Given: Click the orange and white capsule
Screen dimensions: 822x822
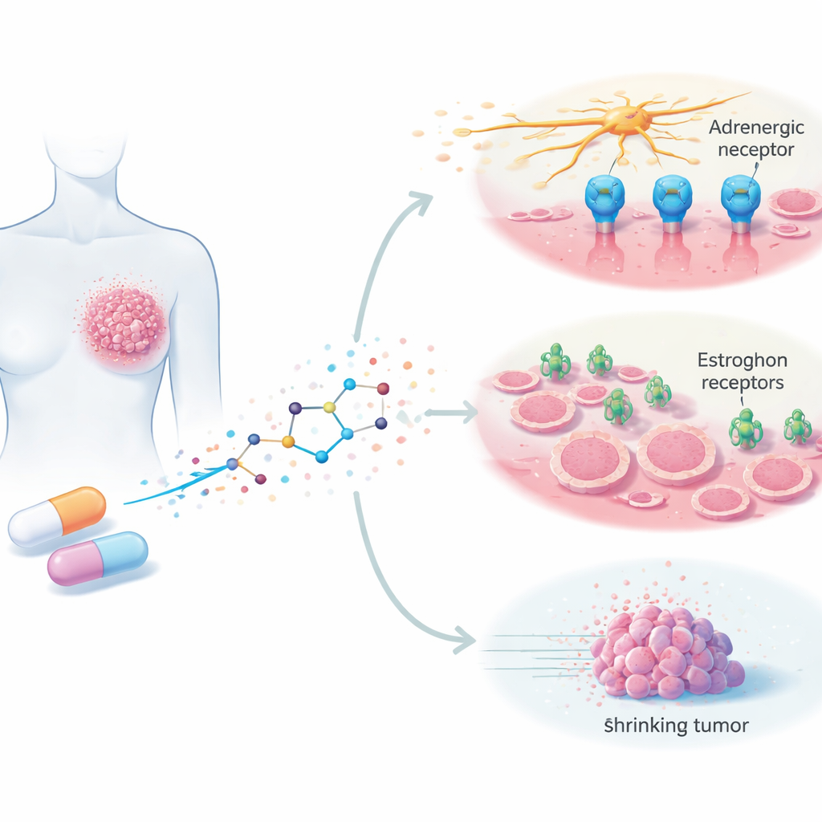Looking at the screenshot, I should pyautogui.click(x=57, y=516).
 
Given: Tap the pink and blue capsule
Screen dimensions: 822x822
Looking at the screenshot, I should pyautogui.click(x=98, y=556).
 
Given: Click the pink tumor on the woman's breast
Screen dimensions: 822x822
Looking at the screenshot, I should pyautogui.click(x=124, y=321).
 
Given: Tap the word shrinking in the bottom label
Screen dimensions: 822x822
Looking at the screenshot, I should pyautogui.click(x=645, y=726).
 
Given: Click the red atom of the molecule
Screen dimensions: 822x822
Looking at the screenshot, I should pyautogui.click(x=383, y=389).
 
